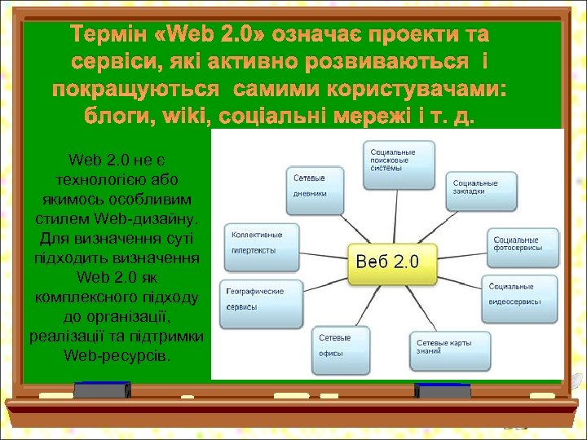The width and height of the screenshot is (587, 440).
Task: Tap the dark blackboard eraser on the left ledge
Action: pyautogui.click(x=103, y=391)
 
